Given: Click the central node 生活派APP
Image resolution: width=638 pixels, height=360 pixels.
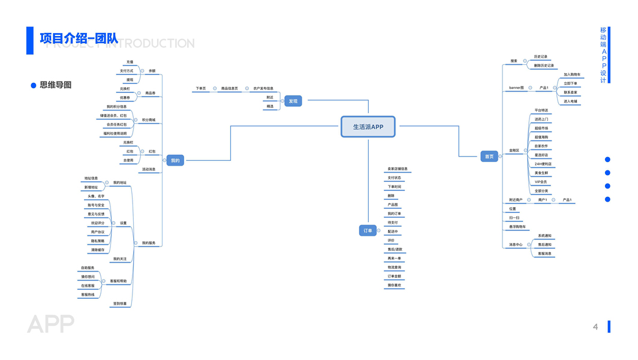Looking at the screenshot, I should (368, 127).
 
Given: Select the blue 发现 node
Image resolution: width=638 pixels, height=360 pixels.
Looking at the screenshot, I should (293, 101).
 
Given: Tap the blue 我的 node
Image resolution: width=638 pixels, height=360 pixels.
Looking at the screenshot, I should (175, 160).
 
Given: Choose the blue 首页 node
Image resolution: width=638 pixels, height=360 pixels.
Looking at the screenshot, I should (489, 157).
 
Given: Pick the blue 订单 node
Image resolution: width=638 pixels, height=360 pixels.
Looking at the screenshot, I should (368, 230).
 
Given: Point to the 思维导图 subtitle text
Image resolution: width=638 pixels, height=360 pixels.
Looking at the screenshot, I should (56, 85).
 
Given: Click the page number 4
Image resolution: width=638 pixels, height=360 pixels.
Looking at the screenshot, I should (595, 326).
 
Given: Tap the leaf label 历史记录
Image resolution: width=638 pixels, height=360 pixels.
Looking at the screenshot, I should (541, 57).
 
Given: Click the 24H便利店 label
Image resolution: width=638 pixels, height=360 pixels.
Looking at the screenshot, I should (543, 164).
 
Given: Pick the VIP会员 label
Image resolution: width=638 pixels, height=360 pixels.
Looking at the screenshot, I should (541, 182).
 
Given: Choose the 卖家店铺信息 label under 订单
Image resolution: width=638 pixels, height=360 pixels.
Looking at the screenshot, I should (398, 169).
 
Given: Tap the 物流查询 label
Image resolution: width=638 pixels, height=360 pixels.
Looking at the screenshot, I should (395, 267).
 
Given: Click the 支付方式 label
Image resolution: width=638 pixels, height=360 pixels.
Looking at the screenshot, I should (127, 71).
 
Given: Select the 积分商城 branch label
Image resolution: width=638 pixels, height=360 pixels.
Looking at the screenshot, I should (148, 120).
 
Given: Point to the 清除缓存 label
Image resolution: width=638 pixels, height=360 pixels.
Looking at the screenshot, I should (98, 250).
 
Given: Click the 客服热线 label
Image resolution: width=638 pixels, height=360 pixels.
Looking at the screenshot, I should (88, 295).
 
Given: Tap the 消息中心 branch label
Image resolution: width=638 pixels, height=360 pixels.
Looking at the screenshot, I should (516, 245).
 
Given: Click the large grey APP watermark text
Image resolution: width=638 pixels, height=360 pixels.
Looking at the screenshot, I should (50, 324).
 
